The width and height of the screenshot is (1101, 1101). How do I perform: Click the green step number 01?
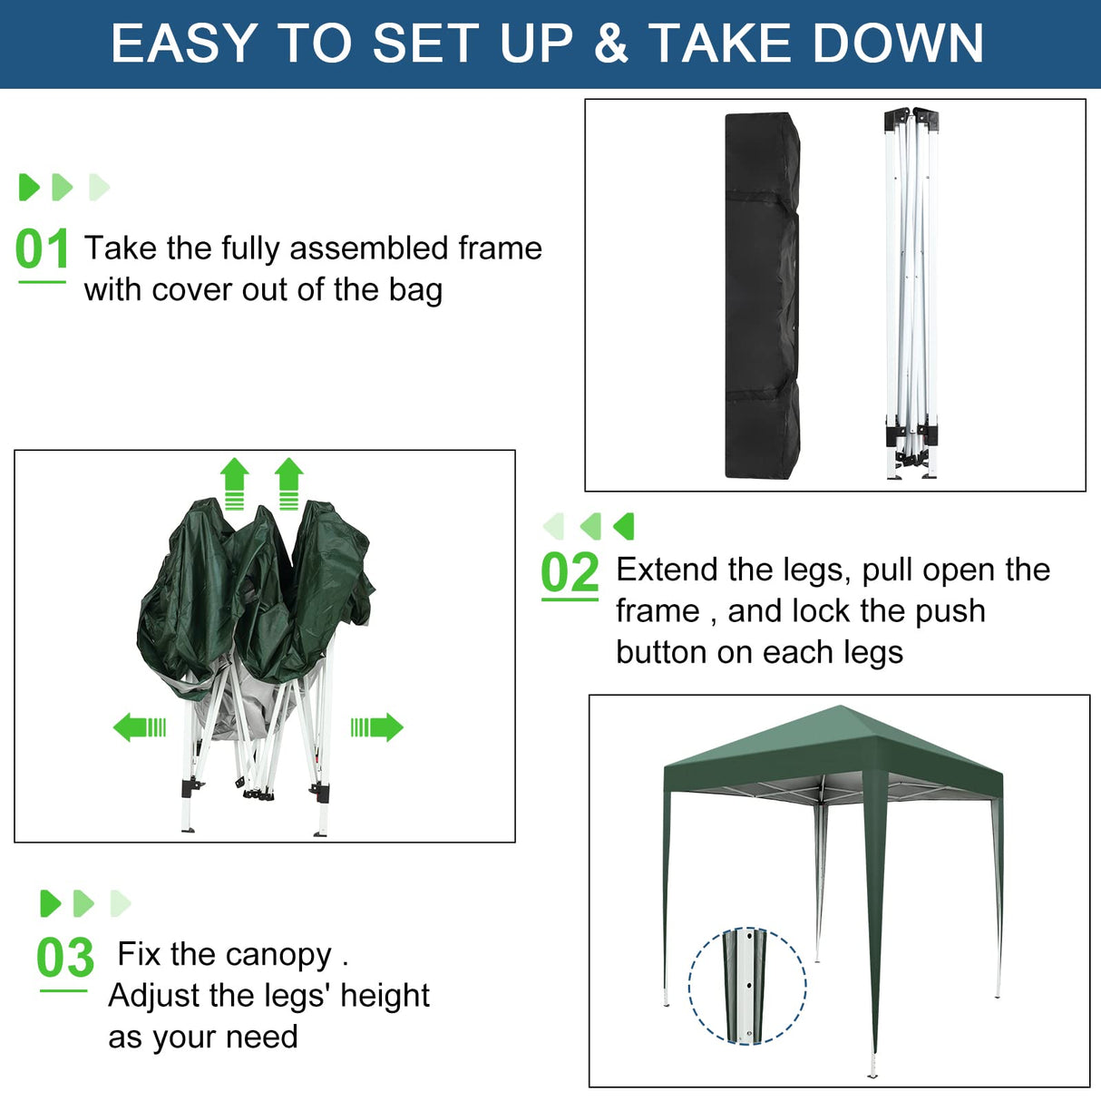42,250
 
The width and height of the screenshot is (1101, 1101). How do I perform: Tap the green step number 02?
570,573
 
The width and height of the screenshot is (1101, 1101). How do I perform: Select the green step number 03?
65,958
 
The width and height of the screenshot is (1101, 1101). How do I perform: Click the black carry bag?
762,296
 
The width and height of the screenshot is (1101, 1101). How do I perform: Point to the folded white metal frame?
911,296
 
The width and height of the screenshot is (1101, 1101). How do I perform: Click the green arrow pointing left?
139,726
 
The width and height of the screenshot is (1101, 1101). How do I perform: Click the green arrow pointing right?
377,726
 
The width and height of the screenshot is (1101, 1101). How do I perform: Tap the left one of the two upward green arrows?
235,483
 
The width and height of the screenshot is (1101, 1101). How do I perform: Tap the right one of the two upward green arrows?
288,483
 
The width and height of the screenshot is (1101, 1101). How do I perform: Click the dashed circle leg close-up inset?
747,986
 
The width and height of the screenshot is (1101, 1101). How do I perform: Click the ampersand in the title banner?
612,44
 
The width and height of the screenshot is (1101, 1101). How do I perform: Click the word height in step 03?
385,996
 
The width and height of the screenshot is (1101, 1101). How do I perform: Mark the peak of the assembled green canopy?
842,708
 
